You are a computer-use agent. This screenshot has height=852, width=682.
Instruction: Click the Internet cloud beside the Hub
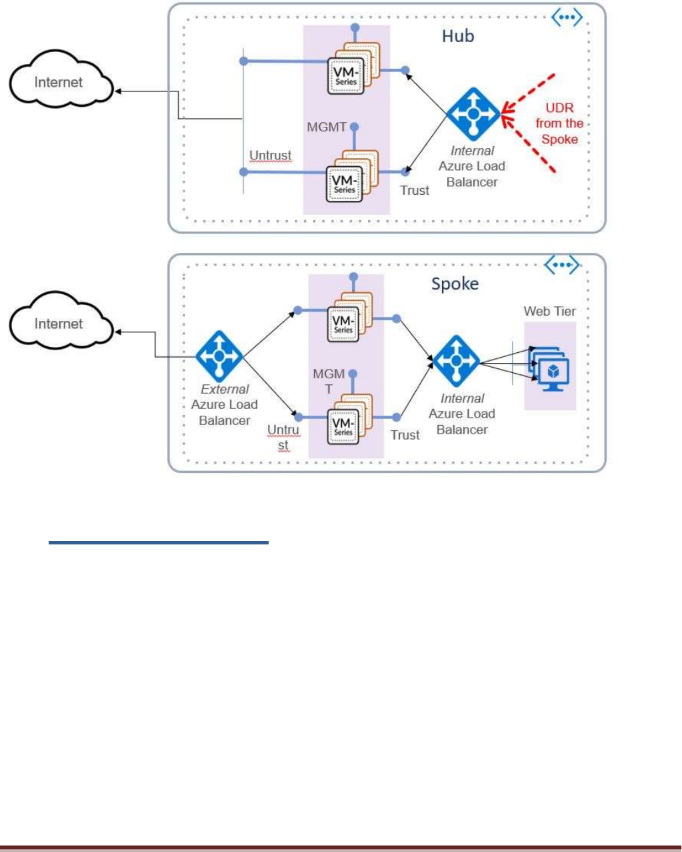pyautogui.click(x=59, y=83)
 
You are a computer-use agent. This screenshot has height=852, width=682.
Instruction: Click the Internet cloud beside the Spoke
pyautogui.click(x=59, y=324)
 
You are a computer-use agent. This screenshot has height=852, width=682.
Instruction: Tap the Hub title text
pyautogui.click(x=458, y=36)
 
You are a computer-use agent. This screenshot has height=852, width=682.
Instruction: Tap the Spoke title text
pyautogui.click(x=455, y=284)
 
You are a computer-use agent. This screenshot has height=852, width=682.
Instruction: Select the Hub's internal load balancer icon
pyautogui.click(x=473, y=114)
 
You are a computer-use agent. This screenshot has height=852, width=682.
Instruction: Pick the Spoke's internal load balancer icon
pyautogui.click(x=457, y=361)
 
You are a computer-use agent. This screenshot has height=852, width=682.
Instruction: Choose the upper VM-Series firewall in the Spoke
pyautogui.click(x=344, y=323)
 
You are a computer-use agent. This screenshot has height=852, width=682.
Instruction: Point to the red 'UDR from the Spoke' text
pyautogui.click(x=559, y=123)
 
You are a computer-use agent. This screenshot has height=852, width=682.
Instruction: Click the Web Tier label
pyautogui.click(x=549, y=311)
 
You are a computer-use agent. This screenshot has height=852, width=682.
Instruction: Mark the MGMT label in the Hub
pyautogui.click(x=327, y=127)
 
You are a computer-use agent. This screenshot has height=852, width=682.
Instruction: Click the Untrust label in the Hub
pyautogui.click(x=270, y=155)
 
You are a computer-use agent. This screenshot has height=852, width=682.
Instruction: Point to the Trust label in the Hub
pyautogui.click(x=415, y=191)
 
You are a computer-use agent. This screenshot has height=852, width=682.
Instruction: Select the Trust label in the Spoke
pyautogui.click(x=405, y=435)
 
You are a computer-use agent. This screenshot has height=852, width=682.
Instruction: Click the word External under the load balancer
pyautogui.click(x=225, y=389)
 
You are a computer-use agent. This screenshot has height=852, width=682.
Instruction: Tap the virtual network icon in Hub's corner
pyautogui.click(x=567, y=19)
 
